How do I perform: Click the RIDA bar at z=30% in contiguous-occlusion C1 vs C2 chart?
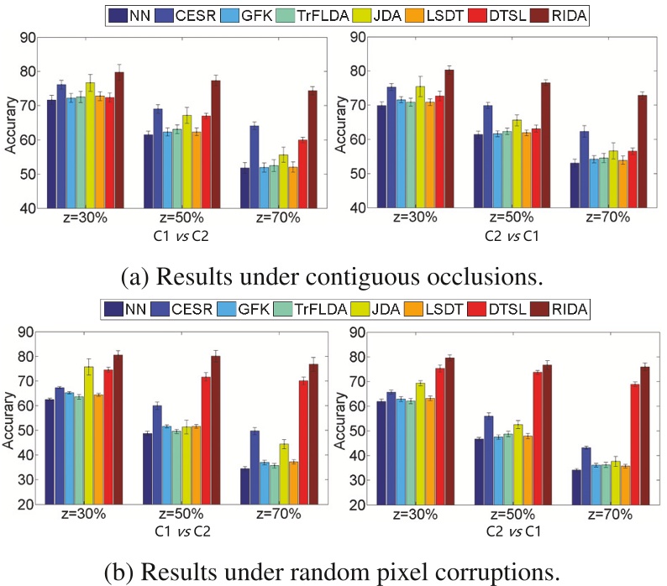(119, 140)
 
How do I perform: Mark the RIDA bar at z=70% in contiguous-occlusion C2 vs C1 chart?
(643, 151)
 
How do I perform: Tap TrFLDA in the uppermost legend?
(333, 14)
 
